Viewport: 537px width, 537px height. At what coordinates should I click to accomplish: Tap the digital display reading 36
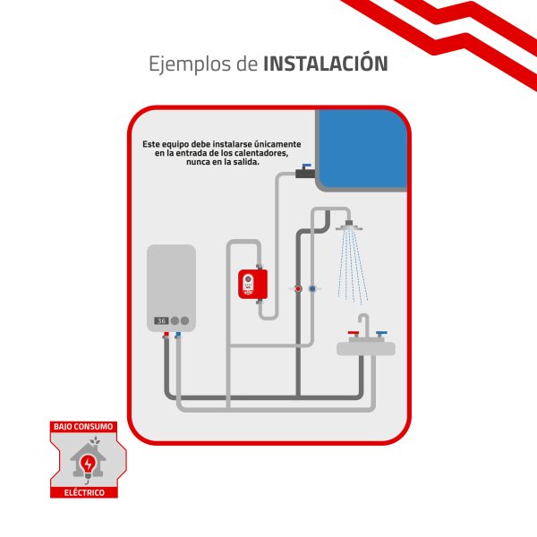[x=161, y=320]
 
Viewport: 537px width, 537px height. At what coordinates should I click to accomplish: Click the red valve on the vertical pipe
[x=297, y=289]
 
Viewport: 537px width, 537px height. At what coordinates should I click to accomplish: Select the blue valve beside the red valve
[x=311, y=289]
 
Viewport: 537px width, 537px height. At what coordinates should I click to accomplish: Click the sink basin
[x=367, y=347]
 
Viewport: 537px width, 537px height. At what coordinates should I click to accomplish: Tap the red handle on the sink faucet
[x=354, y=332]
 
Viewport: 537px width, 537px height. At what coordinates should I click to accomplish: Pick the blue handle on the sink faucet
[x=382, y=332]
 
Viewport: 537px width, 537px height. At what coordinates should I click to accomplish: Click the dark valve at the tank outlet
[x=307, y=173]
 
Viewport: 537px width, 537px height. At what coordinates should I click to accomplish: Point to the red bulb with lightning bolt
[x=89, y=464]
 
